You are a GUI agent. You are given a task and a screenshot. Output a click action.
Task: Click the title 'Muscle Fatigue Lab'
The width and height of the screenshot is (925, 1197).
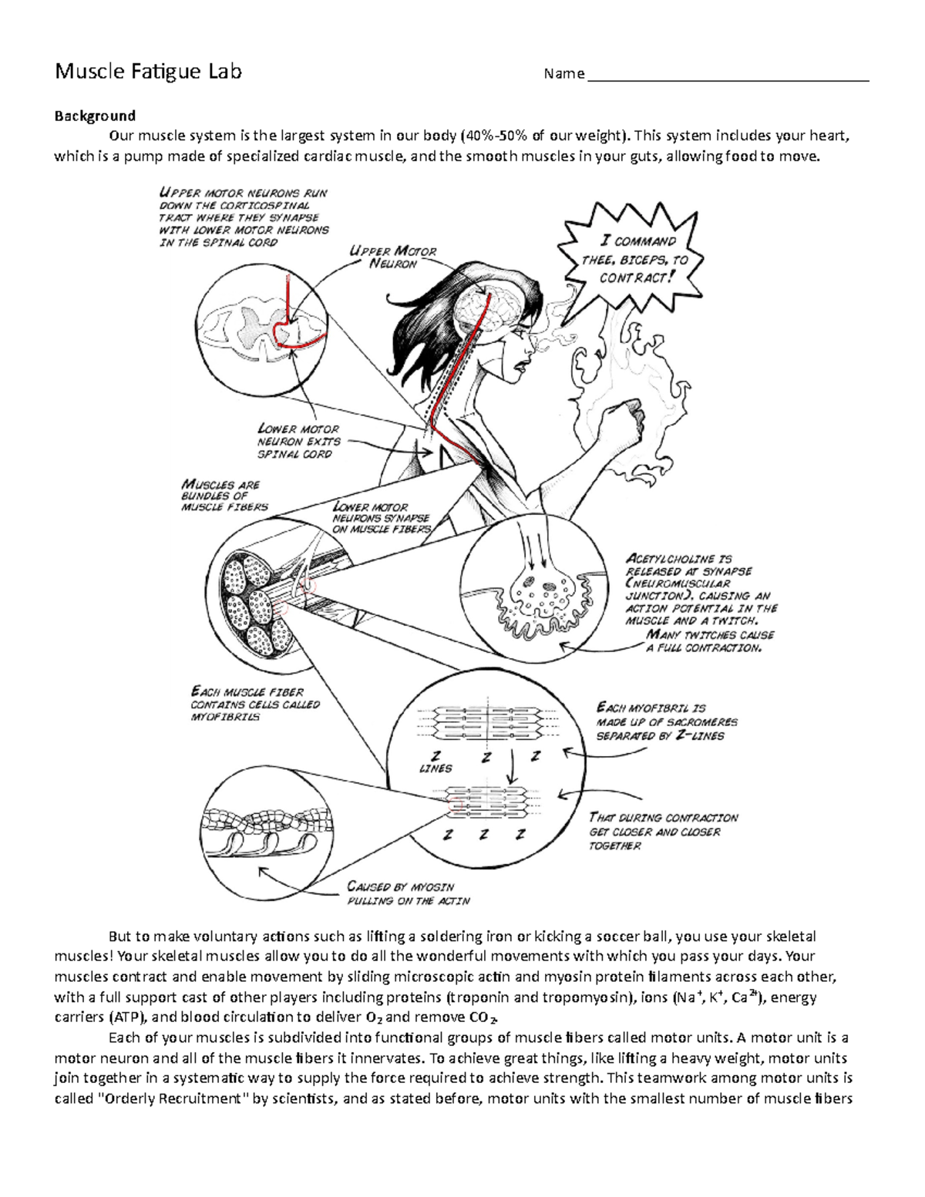tap(147, 72)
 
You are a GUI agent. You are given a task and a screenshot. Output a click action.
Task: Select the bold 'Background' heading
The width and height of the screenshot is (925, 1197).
tap(94, 116)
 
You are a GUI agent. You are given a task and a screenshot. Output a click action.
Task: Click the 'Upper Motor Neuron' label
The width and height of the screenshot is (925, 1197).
tap(392, 257)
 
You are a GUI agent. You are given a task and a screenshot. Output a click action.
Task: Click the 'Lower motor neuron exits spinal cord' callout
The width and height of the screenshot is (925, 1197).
tap(298, 442)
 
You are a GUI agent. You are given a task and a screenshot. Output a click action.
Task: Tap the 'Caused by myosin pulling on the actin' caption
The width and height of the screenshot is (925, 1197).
tap(408, 893)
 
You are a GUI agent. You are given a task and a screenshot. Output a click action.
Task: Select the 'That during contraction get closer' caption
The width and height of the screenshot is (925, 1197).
tap(663, 832)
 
